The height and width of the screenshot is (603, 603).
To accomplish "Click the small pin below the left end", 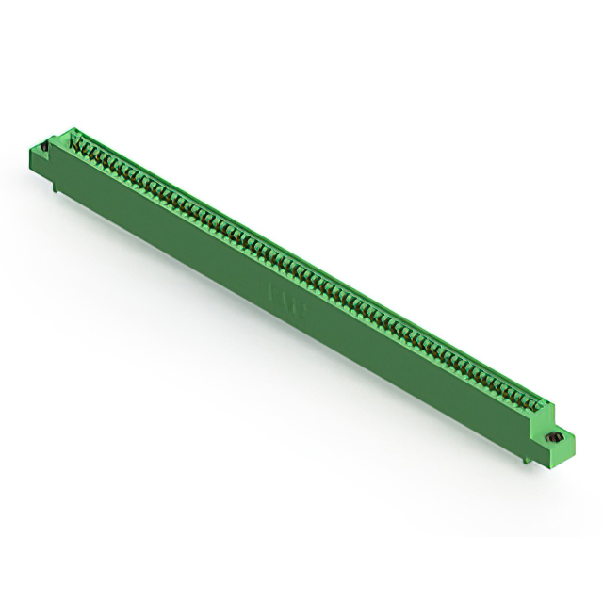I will pyautogui.click(x=58, y=193).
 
